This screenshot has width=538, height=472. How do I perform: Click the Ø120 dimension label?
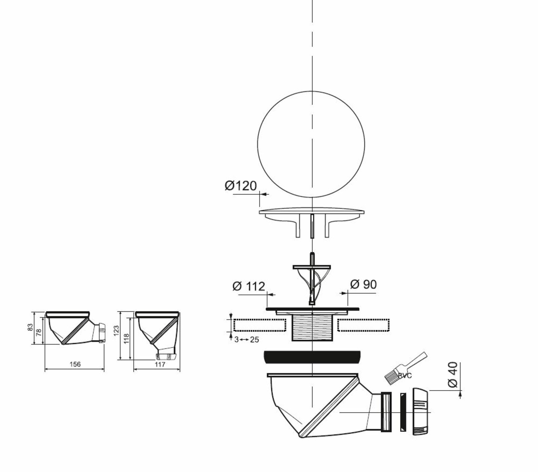[x=241, y=186]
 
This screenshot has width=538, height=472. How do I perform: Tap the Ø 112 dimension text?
[x=249, y=286]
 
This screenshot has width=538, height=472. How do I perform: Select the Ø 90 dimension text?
[x=363, y=285]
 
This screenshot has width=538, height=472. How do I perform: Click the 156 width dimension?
[x=74, y=364]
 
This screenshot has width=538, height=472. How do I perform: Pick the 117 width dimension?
[x=160, y=364]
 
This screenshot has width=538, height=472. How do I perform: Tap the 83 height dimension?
[x=30, y=327]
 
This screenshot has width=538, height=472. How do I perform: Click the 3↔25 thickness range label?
[x=246, y=340]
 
